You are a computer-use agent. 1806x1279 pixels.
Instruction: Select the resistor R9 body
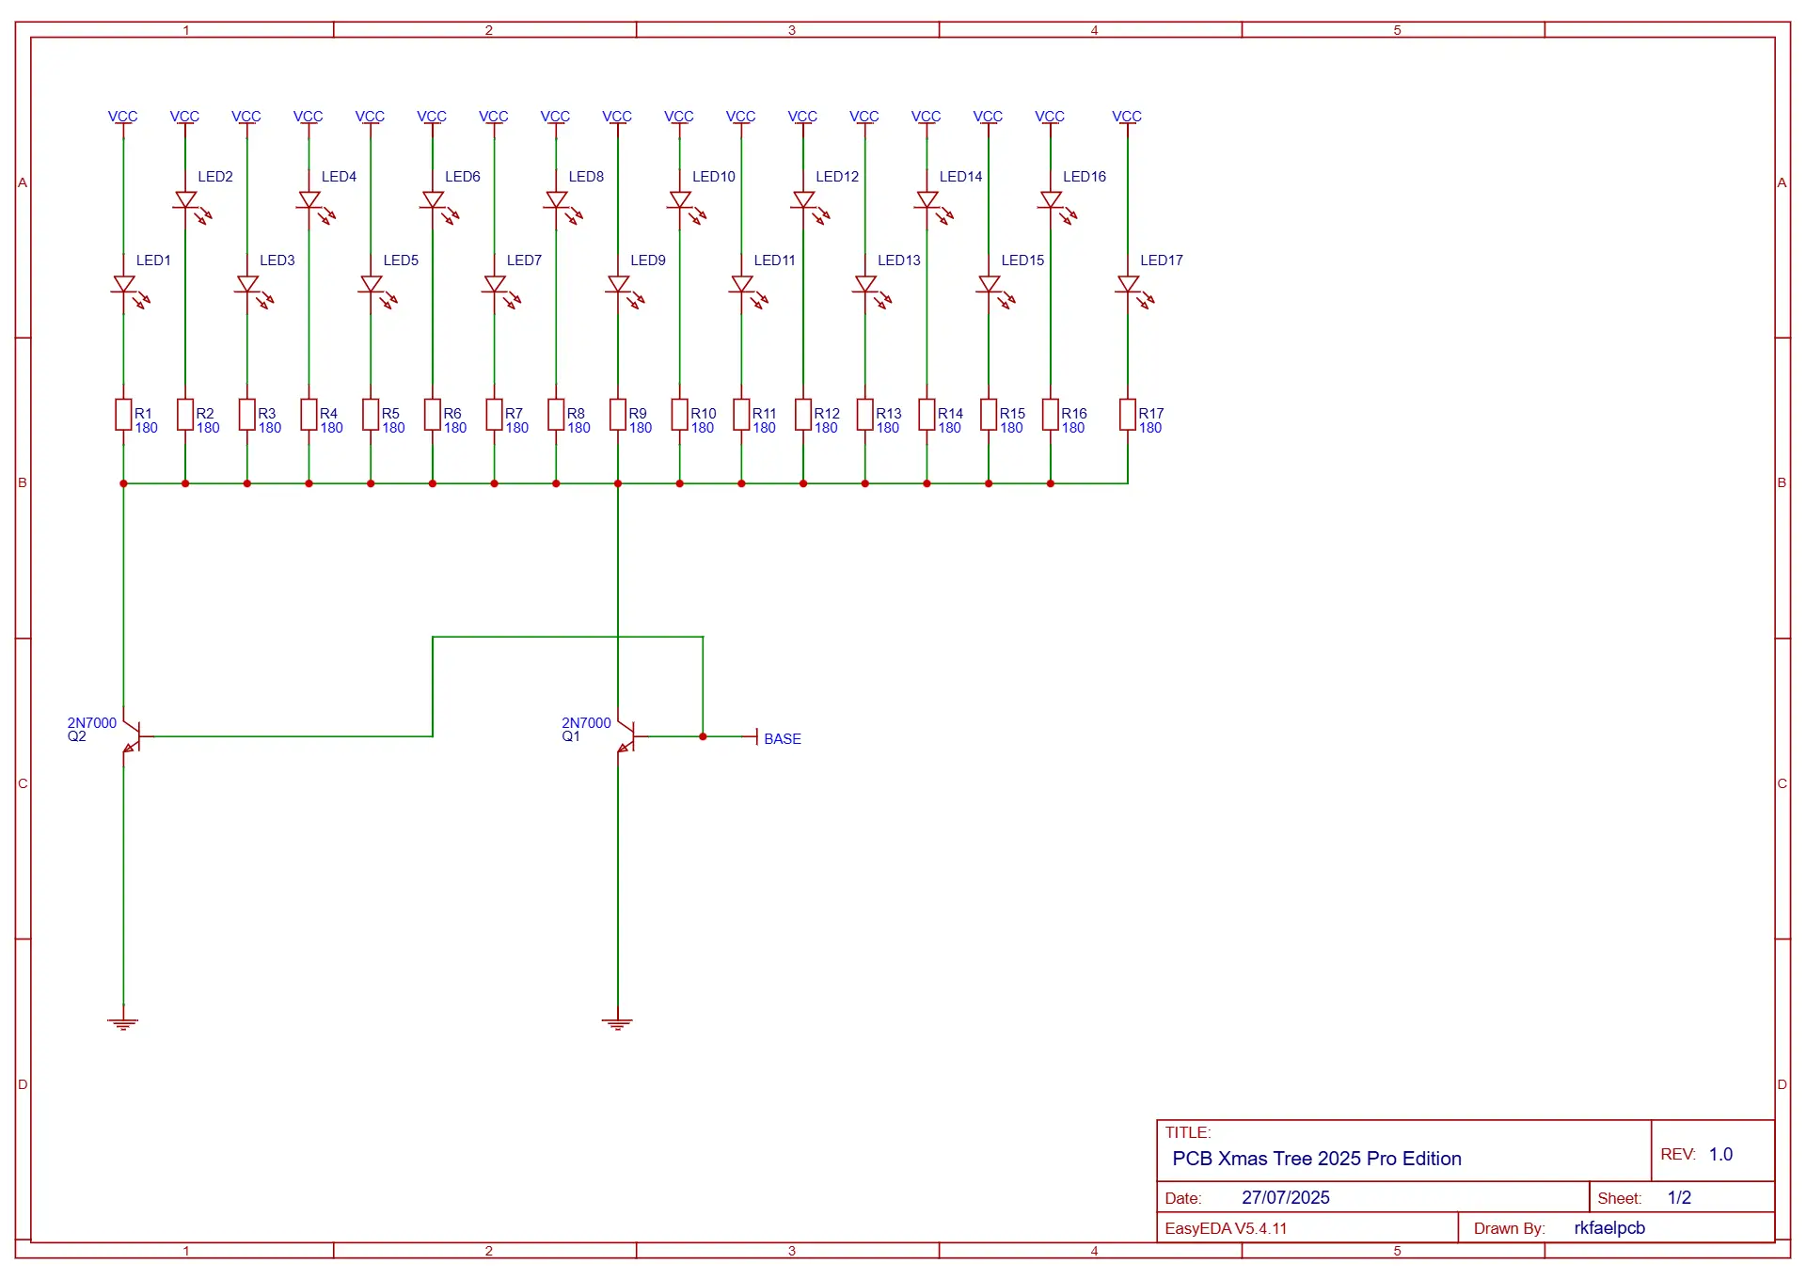[x=618, y=415]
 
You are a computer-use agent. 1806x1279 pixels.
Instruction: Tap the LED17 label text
[x=1162, y=261]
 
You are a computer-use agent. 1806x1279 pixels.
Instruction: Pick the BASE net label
[x=783, y=739]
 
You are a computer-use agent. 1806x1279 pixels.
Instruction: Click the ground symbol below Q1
[x=618, y=1023]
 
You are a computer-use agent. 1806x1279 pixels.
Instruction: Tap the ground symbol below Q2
[x=123, y=1023]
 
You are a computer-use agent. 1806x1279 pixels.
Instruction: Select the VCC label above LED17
[x=1127, y=117]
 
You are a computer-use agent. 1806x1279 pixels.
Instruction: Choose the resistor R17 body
[x=1128, y=415]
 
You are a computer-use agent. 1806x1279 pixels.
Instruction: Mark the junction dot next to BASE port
[x=703, y=736]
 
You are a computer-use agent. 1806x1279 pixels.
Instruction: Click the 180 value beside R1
[x=147, y=428]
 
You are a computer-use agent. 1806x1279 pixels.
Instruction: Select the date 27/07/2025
[x=1286, y=1197]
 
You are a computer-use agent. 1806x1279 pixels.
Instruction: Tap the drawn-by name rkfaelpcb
[x=1609, y=1228]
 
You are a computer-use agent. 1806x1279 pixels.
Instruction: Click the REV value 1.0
[x=1720, y=1154]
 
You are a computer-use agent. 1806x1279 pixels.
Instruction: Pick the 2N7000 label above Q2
[x=92, y=723]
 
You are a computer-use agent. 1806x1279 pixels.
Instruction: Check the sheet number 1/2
[x=1679, y=1197]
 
